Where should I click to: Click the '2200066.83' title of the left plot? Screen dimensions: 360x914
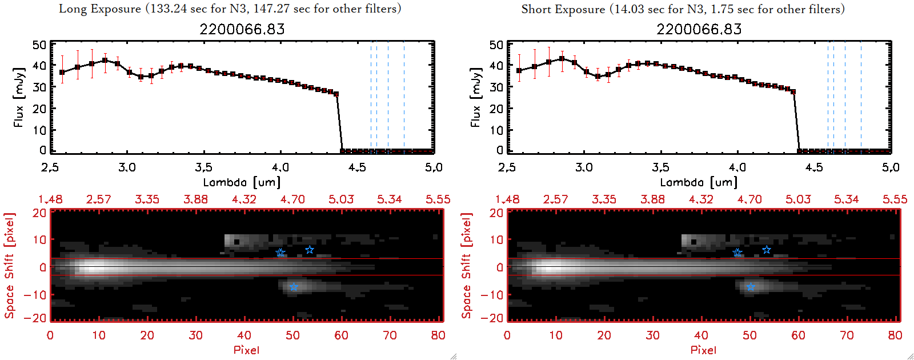[242, 29]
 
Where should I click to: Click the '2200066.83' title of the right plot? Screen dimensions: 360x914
[699, 29]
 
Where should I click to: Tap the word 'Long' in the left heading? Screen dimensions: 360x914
[72, 9]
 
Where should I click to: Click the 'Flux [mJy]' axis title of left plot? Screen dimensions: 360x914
[19, 97]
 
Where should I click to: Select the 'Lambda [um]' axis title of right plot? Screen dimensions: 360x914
[699, 182]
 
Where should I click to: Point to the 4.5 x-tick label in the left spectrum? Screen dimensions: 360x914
[357, 167]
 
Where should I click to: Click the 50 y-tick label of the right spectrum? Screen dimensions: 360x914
[496, 45]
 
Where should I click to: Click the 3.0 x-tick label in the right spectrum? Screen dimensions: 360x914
[584, 167]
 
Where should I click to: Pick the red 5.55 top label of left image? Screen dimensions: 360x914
[438, 199]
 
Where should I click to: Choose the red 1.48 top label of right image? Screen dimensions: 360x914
[507, 199]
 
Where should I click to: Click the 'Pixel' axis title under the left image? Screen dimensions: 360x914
[246, 350]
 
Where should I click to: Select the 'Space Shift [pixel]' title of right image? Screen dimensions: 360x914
[467, 266]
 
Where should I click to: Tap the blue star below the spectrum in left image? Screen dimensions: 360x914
[294, 287]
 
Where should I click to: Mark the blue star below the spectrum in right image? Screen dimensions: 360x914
[751, 287]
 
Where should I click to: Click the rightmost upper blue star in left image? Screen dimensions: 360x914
[310, 250]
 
